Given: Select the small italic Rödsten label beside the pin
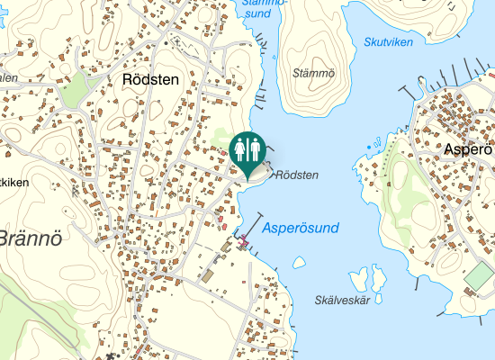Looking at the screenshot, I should point(297,175).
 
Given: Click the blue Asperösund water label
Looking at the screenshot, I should point(301,229).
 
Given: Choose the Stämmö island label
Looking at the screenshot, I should point(313,73).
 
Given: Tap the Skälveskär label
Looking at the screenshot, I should point(344,300).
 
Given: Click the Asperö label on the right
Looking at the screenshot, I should point(471,150).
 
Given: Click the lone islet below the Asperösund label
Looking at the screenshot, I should point(298,263).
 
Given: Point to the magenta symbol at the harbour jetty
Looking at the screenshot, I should point(243,239).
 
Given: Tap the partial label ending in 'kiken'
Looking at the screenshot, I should point(13,182).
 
